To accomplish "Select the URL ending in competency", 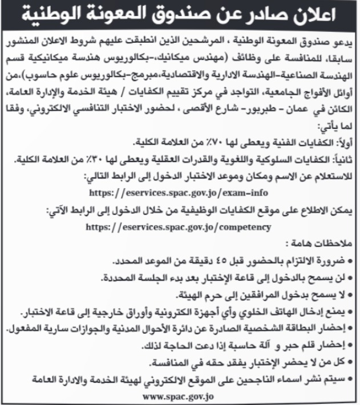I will [183, 226].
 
